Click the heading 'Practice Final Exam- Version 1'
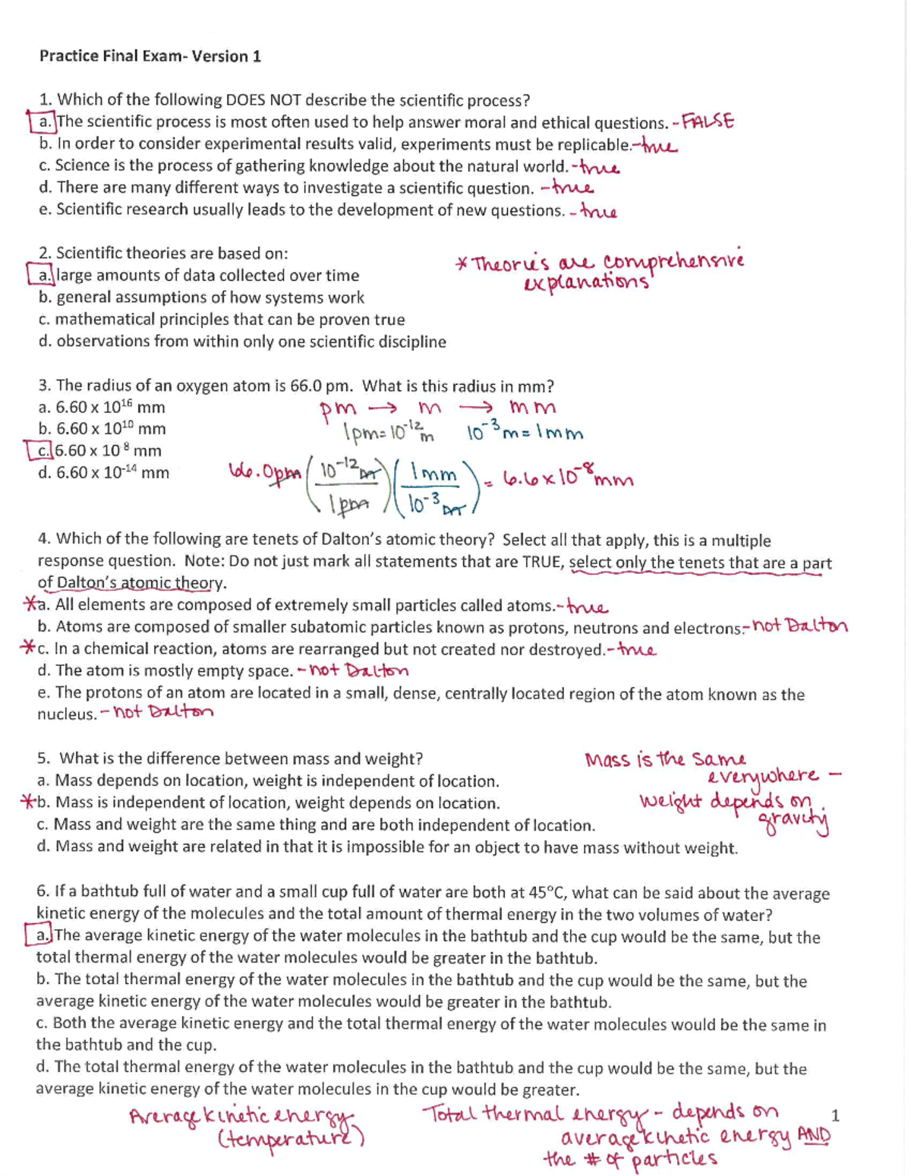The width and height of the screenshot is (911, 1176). tap(150, 56)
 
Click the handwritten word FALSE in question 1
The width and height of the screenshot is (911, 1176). tap(708, 121)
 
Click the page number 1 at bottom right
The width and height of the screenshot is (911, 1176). tap(835, 1115)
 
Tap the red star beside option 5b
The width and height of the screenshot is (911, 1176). tap(28, 802)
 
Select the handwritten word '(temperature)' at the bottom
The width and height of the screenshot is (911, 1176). tap(292, 1139)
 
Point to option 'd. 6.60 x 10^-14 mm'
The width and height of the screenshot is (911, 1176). tap(104, 473)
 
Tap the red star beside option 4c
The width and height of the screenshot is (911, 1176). tap(28, 648)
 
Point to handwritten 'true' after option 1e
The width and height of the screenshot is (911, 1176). tap(598, 212)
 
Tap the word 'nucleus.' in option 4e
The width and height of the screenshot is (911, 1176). tap(67, 714)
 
